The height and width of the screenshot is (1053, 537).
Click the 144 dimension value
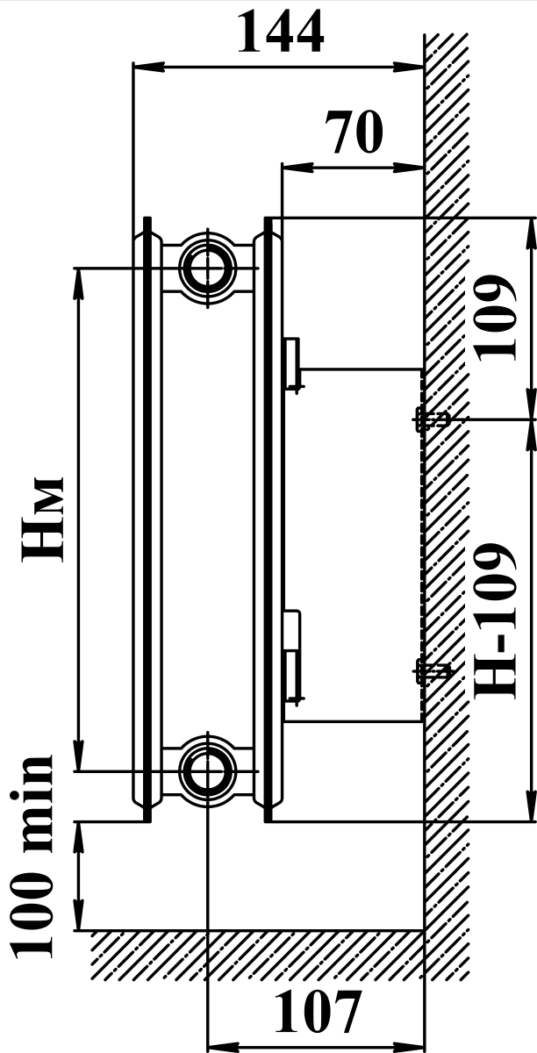tap(281, 31)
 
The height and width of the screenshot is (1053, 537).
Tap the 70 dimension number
tap(354, 132)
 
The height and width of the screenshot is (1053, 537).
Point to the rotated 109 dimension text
tap(495, 318)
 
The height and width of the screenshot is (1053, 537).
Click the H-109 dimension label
tap(495, 620)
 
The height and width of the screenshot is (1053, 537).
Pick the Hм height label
tap(42, 519)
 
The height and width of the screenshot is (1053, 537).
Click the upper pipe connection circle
tap(207, 268)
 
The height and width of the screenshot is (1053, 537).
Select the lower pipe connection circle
tap(207, 771)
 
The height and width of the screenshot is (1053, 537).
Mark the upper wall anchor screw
tap(432, 419)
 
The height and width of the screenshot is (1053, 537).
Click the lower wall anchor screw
tap(433, 672)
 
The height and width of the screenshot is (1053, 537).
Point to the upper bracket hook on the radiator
tap(293, 364)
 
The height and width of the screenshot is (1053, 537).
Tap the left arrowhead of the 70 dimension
tap(297, 168)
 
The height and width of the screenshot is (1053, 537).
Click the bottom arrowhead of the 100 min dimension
tap(78, 914)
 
